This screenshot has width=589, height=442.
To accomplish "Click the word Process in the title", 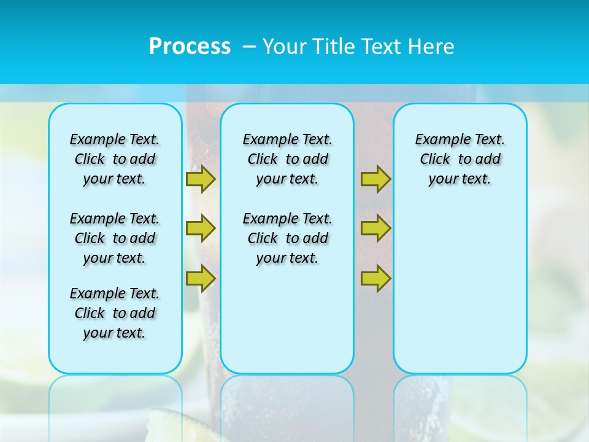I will point(190,46).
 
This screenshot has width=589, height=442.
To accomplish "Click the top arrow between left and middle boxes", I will point(200,179).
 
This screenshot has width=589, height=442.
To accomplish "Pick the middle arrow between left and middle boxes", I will point(200,228).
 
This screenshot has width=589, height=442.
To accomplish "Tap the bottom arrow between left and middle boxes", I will point(200,278).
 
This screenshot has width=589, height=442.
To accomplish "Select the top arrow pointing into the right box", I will point(375,179).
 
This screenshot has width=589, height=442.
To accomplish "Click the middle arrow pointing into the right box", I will point(375,228).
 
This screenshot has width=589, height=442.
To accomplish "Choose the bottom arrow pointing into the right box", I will point(375,278).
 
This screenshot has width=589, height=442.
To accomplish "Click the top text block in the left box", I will point(115,159).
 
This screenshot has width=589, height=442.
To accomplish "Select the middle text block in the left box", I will point(115,238).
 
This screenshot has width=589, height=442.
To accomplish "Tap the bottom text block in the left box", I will point(115,313).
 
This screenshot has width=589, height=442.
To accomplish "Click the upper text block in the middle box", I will point(287,159).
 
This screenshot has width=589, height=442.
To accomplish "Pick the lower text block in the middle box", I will point(287,238).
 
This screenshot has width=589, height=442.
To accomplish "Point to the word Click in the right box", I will point(435,160).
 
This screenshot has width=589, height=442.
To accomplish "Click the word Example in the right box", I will point(439,140).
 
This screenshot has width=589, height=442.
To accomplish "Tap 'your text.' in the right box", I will point(460,179).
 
